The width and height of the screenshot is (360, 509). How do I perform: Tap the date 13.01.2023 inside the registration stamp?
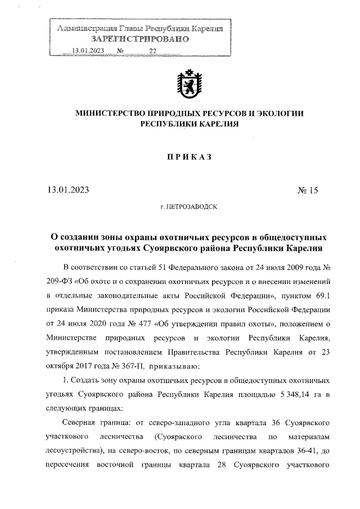(x=88, y=51)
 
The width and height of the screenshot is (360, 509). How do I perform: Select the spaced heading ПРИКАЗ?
(x=189, y=157)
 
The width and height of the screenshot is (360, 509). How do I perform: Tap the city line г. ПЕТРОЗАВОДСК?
(x=190, y=208)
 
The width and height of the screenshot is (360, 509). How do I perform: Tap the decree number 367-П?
(x=132, y=367)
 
